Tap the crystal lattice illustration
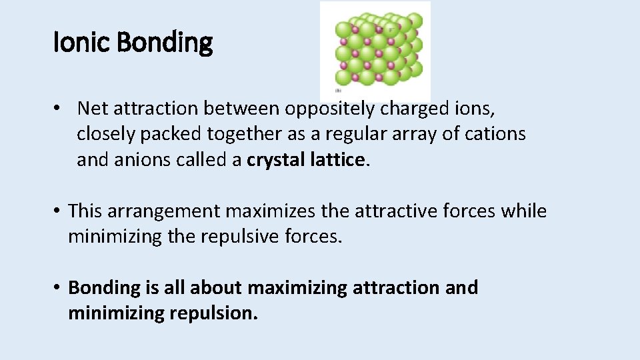[x=376, y=51]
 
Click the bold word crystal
[x=276, y=160]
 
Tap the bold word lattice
[x=338, y=160]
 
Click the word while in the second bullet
[x=524, y=211]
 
